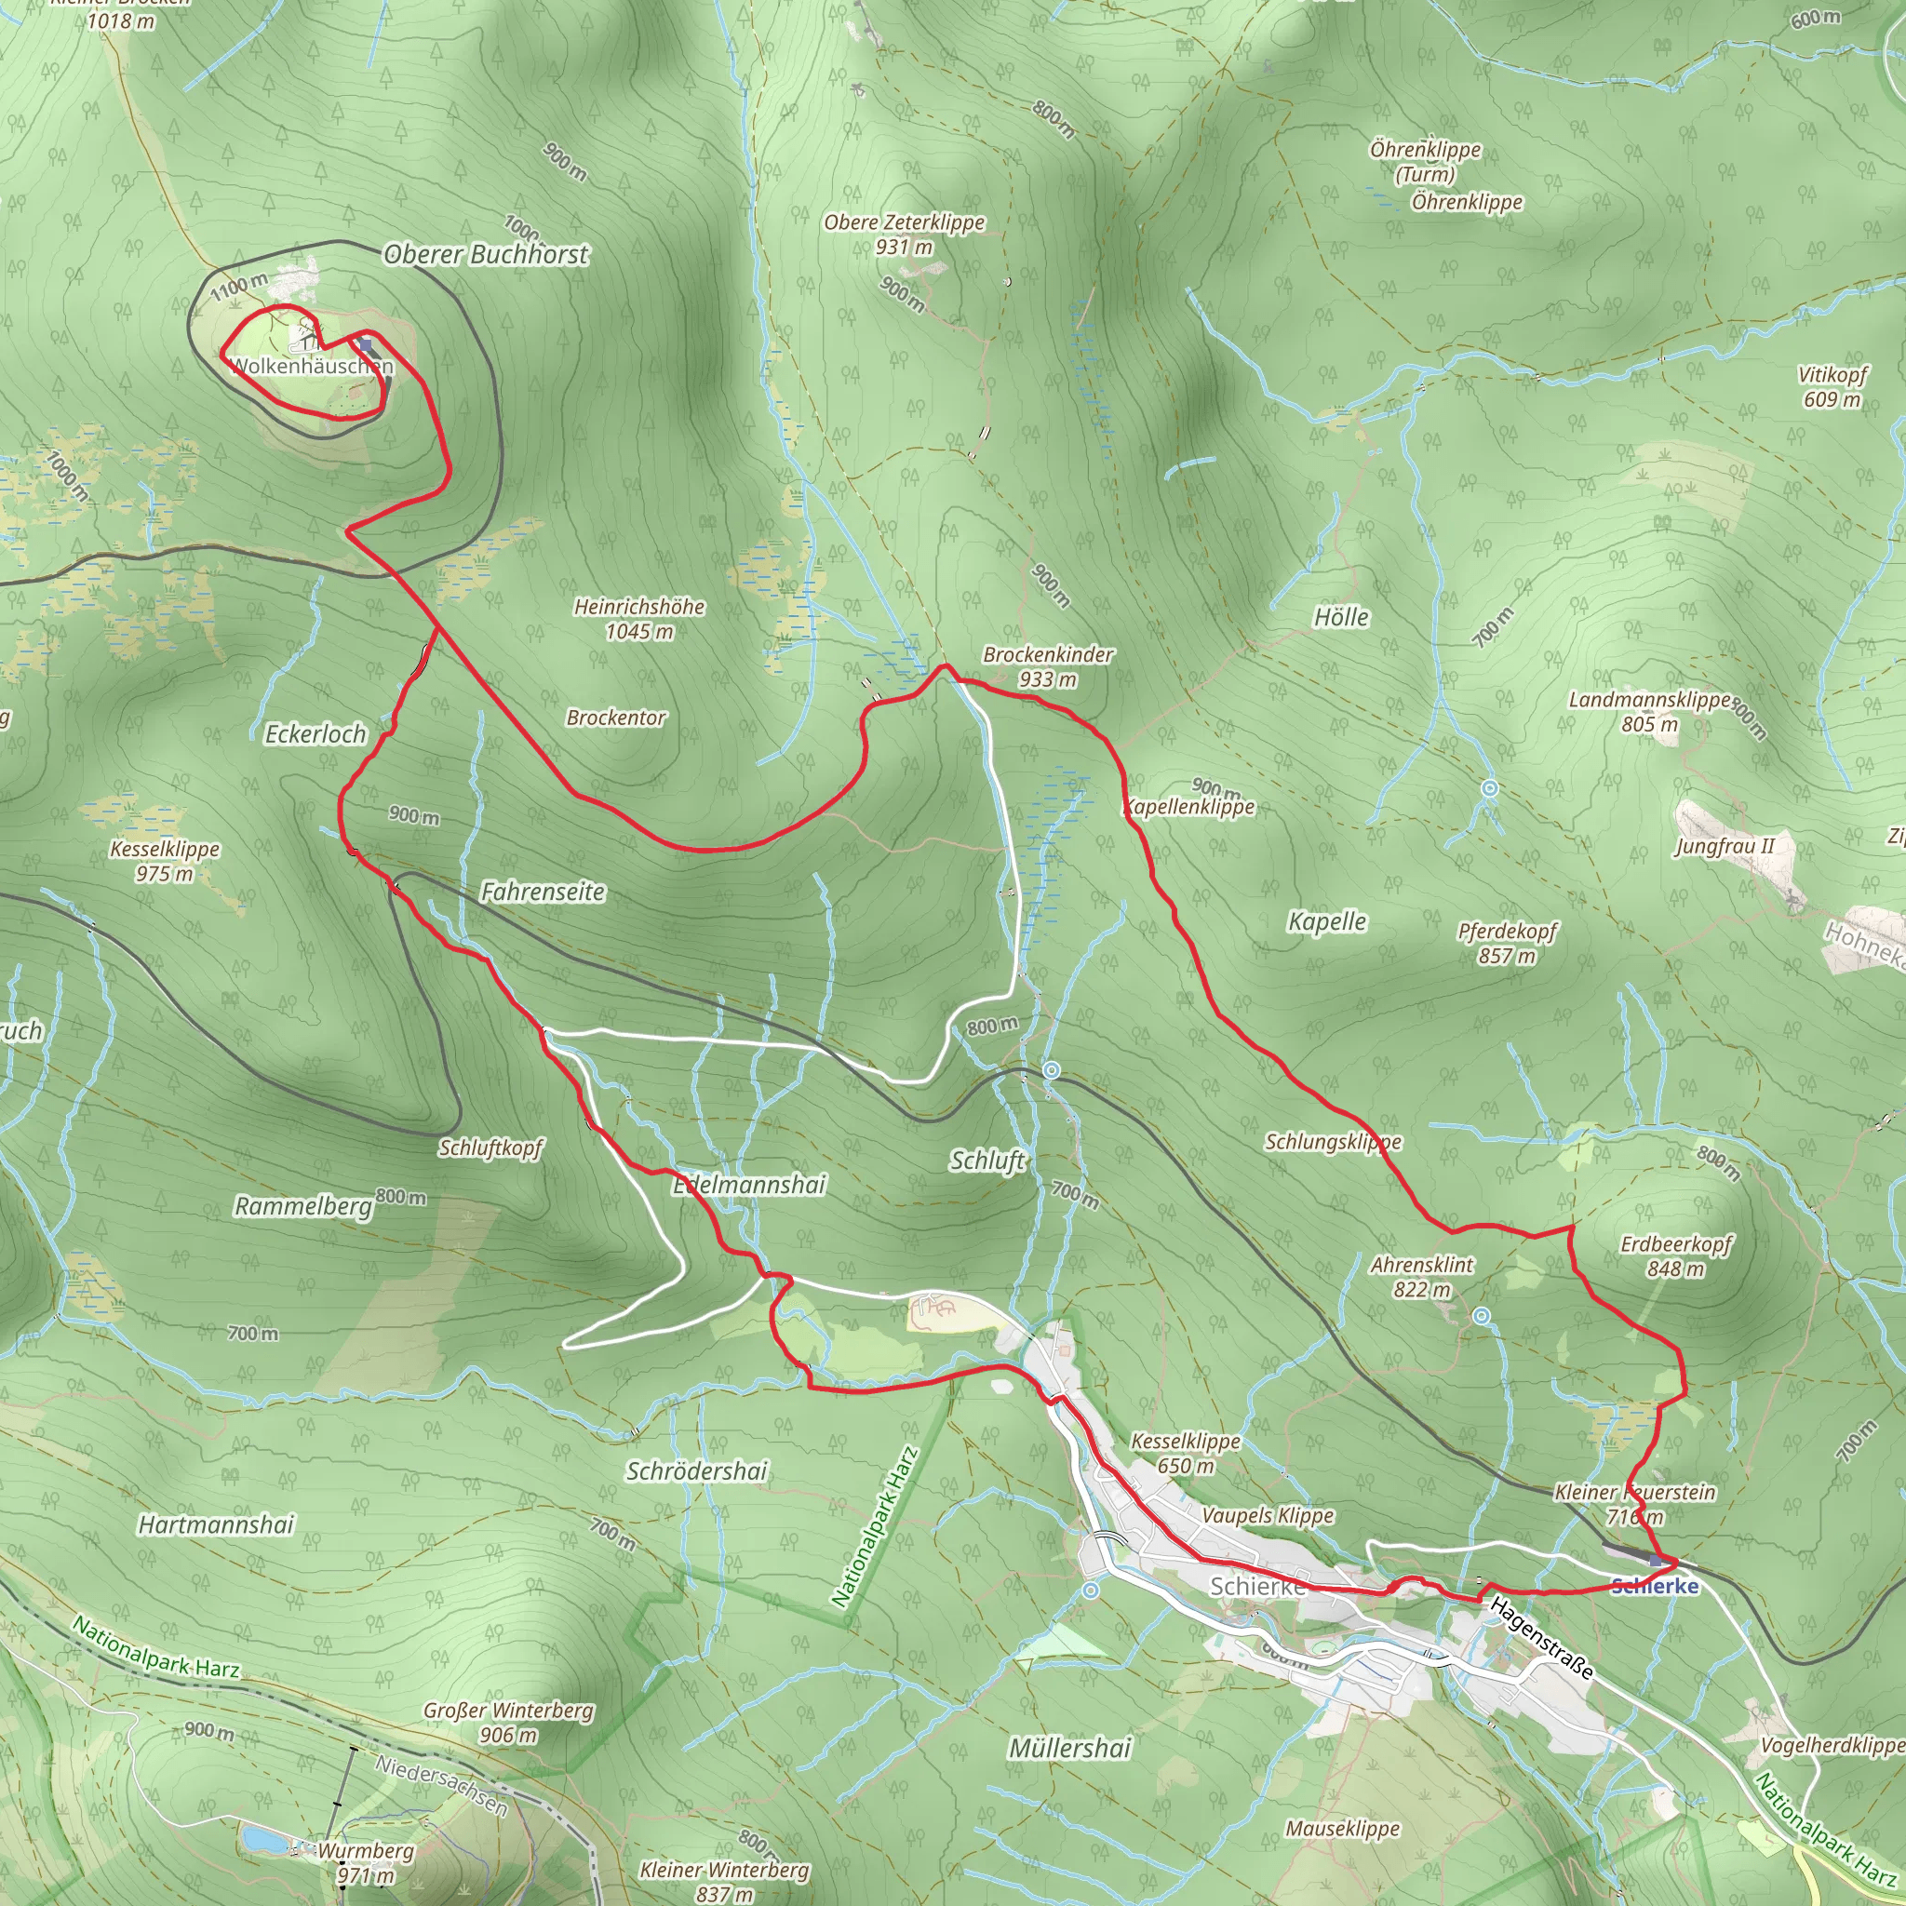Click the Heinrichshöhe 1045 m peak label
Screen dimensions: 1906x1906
[639, 619]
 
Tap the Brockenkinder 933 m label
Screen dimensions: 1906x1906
[1048, 667]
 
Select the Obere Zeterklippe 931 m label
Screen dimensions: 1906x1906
[904, 235]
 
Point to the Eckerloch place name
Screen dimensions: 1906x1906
[315, 734]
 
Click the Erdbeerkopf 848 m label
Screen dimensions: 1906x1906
[1675, 1255]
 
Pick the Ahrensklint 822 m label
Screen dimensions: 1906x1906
[1422, 1277]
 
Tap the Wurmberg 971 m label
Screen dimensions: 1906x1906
[366, 1862]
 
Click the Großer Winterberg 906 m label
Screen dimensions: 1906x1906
[508, 1723]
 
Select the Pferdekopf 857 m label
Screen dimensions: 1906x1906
[1508, 943]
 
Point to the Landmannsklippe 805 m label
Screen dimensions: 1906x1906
[1649, 711]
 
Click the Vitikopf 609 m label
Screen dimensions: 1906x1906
[1832, 387]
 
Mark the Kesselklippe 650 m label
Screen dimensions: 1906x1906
[1185, 1453]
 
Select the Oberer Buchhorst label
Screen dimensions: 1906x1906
[486, 254]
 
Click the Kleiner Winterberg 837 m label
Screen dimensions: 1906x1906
[724, 1881]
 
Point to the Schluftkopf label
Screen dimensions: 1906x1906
[490, 1148]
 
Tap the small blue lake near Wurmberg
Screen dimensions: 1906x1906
[262, 1840]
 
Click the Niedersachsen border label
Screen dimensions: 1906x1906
[442, 1785]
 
